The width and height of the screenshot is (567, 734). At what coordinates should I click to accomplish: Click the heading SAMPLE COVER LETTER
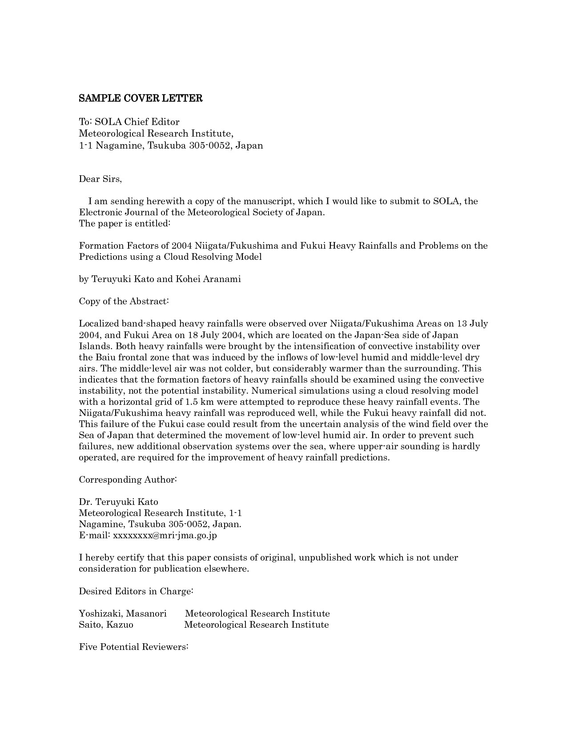point(141,98)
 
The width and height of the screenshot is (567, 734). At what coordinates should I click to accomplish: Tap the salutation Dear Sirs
point(100,179)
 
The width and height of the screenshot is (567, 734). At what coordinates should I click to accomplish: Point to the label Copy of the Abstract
point(124,301)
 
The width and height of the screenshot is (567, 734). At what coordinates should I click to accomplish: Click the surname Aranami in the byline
point(221,279)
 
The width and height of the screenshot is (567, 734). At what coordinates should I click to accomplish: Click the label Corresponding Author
point(128,480)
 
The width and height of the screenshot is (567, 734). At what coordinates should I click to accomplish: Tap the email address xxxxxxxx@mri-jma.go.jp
point(165,535)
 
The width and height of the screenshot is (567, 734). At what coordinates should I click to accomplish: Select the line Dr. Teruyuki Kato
point(118,502)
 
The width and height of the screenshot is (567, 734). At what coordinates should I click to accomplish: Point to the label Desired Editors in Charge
point(136,591)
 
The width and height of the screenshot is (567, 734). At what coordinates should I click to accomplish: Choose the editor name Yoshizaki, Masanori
point(123,613)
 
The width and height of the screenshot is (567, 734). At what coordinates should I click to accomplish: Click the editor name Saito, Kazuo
point(106,625)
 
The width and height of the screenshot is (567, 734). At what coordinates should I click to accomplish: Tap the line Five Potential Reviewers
point(134,647)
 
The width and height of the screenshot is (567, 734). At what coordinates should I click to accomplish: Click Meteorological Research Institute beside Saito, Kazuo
point(256,625)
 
